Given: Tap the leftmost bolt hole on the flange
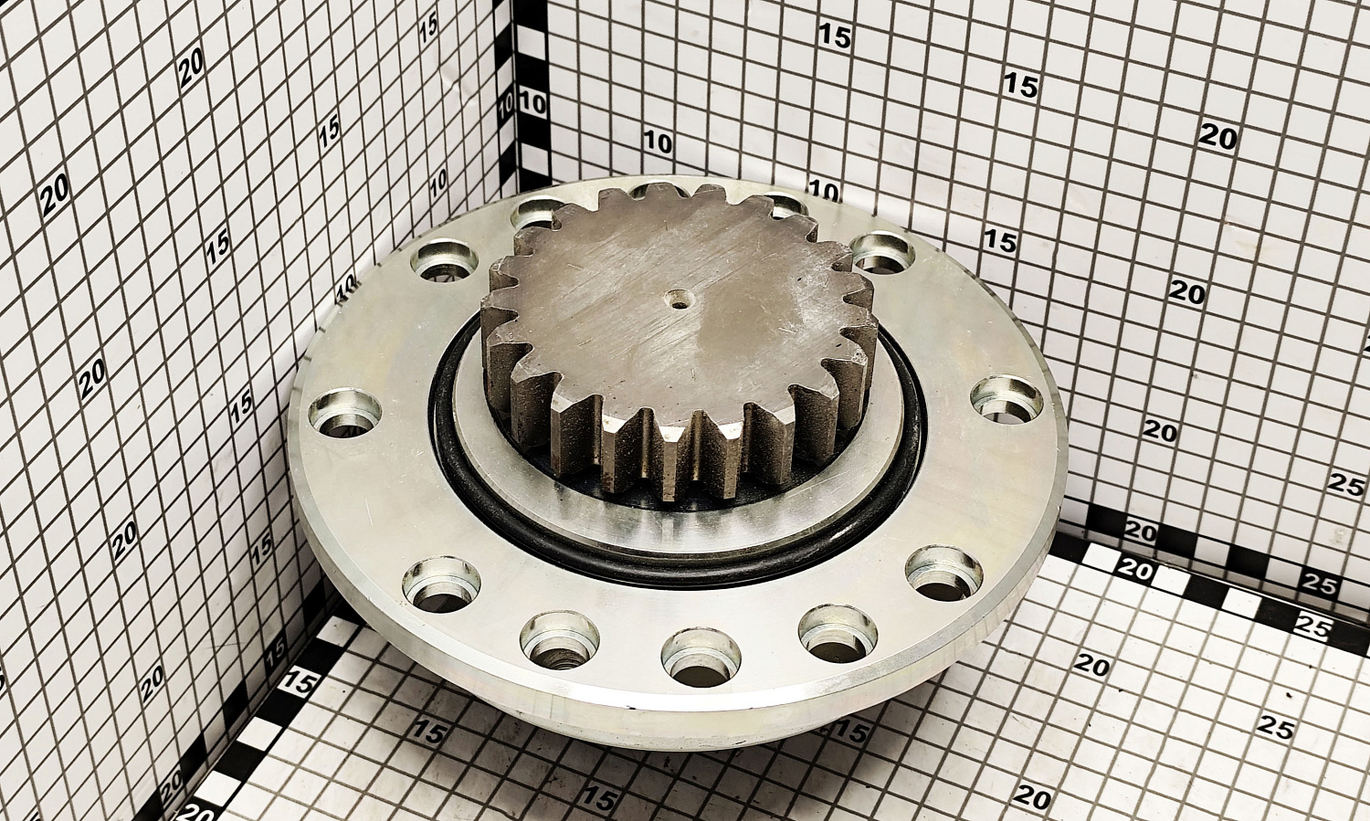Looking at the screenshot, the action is (x=345, y=414).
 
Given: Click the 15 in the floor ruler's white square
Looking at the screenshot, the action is (x=298, y=683).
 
